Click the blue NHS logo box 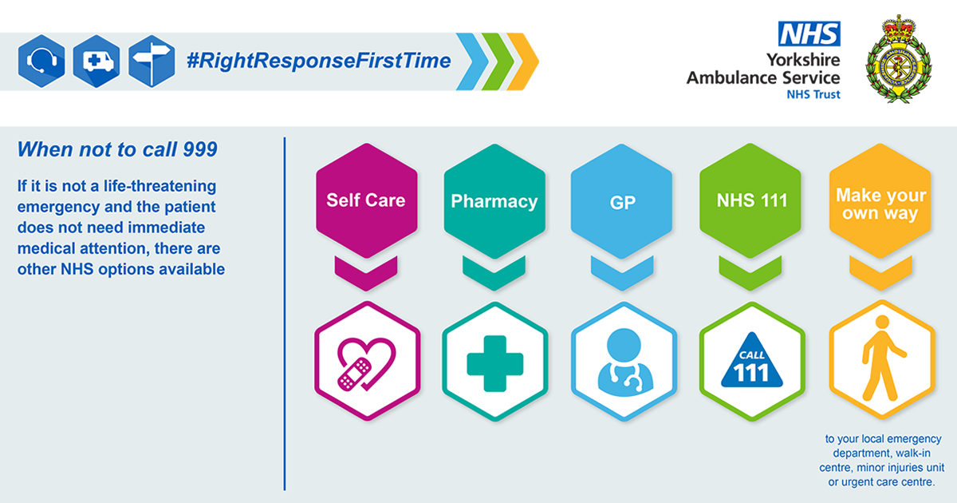809,34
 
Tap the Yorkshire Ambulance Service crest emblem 899,59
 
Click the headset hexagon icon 41,61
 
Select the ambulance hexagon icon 96,61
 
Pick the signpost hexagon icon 152,61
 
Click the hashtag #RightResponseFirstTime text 319,61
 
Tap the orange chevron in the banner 523,61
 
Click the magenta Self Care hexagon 367,200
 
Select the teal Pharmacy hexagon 494,201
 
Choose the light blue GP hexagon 621,201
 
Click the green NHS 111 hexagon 750,200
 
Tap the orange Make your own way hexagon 880,201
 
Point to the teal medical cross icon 495,363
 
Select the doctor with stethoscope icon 624,362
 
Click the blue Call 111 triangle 752,362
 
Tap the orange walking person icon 881,358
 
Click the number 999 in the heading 200,149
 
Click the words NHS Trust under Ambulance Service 813,94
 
